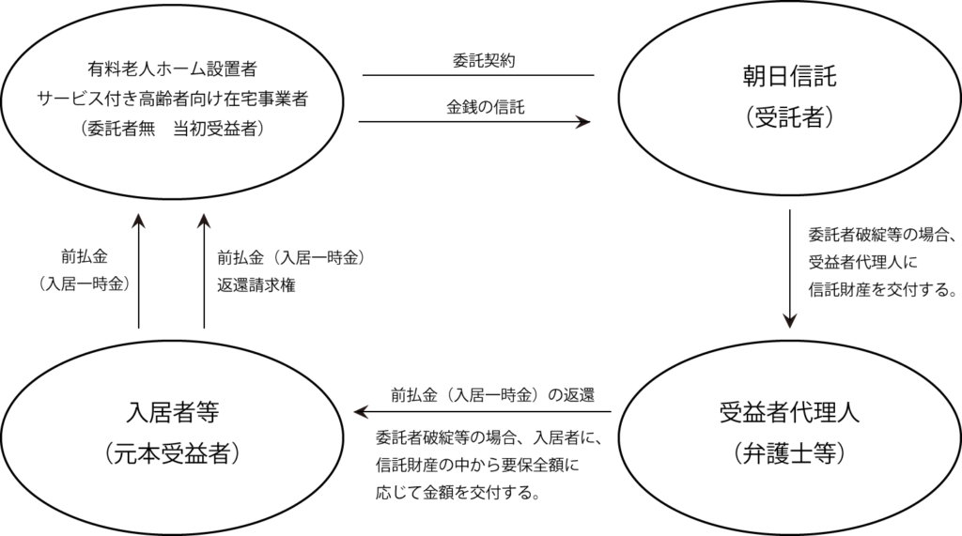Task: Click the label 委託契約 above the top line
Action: pos(484,61)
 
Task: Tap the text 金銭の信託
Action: pos(486,107)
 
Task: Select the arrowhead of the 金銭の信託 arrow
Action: pos(582,121)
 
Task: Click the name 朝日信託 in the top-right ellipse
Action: pos(789,77)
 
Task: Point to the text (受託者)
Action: pos(789,116)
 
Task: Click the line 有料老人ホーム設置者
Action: pos(172,69)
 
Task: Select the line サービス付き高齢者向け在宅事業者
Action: pos(172,99)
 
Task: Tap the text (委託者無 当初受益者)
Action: pos(172,129)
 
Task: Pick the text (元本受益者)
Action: pos(173,453)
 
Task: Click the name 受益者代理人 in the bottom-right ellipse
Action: pos(789,413)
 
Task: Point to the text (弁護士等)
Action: pos(789,453)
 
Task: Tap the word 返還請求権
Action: pos(256,285)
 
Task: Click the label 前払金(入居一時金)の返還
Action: pos(492,395)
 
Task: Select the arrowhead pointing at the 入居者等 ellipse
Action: pos(362,411)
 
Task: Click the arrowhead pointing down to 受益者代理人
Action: pos(789,321)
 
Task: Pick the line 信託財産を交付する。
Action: pos(882,289)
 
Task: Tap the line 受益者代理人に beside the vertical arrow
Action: pos(862,262)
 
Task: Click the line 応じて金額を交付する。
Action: pos(458,493)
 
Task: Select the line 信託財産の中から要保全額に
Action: pos(477,465)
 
